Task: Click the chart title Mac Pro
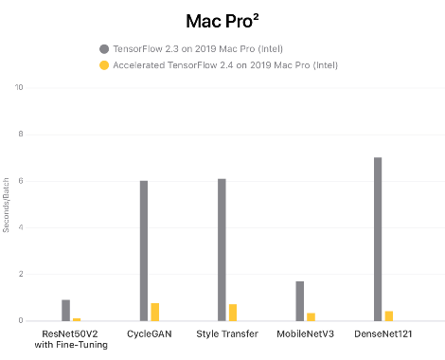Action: click(222, 22)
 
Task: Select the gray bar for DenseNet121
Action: click(378, 239)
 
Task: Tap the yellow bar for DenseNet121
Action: click(389, 315)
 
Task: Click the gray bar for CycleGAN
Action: click(144, 251)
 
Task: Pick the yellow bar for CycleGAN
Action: click(155, 312)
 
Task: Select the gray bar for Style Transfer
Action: click(222, 250)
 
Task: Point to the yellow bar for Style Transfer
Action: click(233, 313)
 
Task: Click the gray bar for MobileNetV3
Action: click(300, 301)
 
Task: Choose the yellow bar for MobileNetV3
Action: click(311, 316)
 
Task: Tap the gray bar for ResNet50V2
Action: click(65, 310)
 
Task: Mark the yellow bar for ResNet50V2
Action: click(77, 319)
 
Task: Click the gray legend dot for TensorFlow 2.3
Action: click(104, 49)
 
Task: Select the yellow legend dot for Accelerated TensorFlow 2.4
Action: click(104, 65)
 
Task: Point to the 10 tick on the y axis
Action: click(19, 87)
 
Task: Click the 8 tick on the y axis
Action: click(21, 134)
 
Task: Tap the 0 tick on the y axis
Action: click(21, 320)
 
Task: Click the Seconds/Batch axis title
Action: click(6, 205)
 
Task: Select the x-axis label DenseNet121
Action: click(383, 333)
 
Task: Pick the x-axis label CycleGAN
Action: click(150, 333)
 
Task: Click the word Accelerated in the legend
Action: click(139, 65)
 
